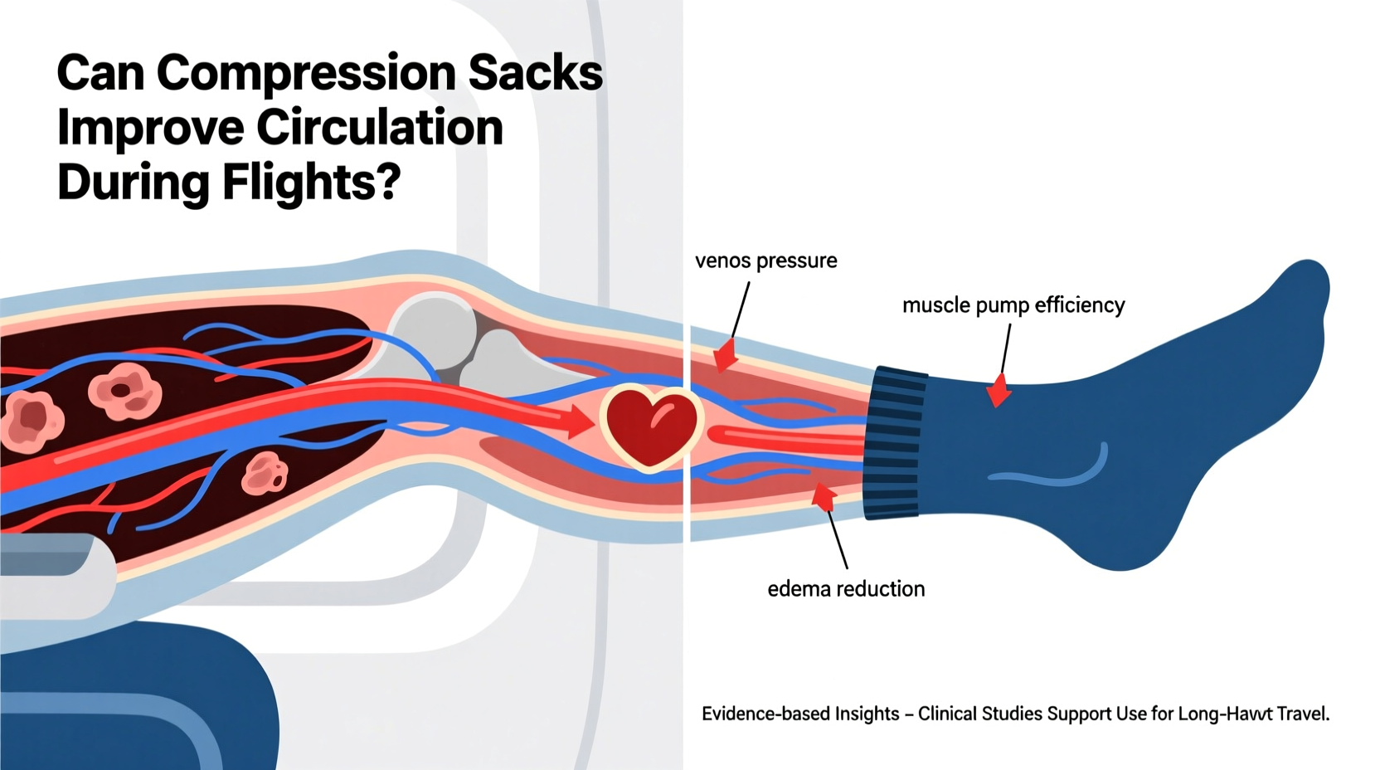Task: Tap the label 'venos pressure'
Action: pos(765,261)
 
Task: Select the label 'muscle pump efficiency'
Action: pos(1013,305)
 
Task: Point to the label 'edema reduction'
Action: pos(845,589)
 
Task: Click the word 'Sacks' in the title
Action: pos(535,73)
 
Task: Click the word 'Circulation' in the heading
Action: pos(379,128)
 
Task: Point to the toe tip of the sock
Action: pos(1309,286)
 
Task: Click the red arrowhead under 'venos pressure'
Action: pos(725,355)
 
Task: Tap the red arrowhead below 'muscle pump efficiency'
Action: pos(999,390)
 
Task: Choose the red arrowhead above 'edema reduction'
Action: pos(823,497)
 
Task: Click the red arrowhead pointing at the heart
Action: pos(580,422)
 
